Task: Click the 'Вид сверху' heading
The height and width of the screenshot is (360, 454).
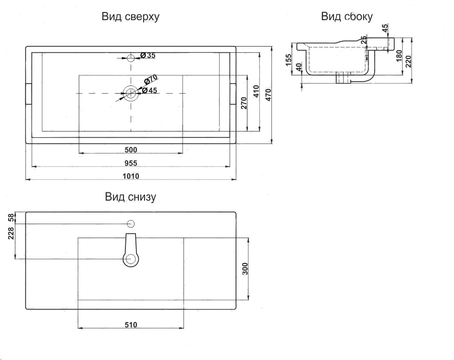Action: click(x=130, y=17)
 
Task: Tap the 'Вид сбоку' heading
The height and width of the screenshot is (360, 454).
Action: click(x=346, y=16)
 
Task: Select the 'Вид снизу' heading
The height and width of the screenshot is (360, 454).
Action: click(x=130, y=197)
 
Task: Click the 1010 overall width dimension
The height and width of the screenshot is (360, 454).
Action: click(x=131, y=176)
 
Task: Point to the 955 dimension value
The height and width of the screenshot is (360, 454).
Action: click(x=131, y=163)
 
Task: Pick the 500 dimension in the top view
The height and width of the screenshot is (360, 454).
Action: click(x=131, y=150)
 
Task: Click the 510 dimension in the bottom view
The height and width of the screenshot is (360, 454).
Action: click(x=131, y=324)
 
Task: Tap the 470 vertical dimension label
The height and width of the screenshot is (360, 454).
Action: click(x=269, y=95)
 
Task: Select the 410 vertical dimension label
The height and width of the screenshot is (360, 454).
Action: click(x=256, y=92)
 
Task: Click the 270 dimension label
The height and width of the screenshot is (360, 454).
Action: click(x=244, y=103)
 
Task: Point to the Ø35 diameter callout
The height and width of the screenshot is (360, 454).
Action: click(x=147, y=55)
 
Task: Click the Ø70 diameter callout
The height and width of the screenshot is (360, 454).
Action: click(x=150, y=79)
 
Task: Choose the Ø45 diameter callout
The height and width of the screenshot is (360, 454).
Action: click(x=150, y=91)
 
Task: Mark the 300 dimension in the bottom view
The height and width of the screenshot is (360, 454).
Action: click(x=245, y=269)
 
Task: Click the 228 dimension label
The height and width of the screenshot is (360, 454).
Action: click(x=11, y=233)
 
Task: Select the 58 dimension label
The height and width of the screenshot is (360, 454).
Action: click(x=11, y=217)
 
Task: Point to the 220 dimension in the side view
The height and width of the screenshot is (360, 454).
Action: click(x=408, y=61)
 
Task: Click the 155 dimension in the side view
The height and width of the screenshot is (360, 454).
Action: click(x=289, y=60)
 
